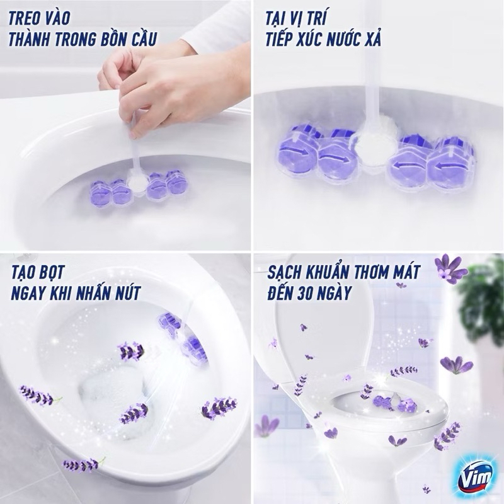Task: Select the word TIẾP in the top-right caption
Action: pyautogui.click(x=281, y=38)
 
